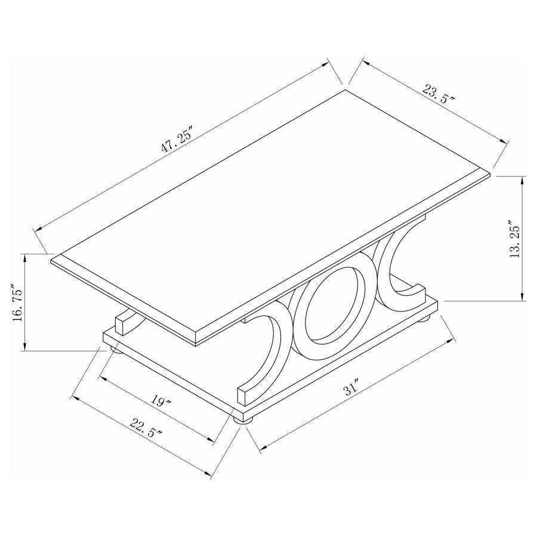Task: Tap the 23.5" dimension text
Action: click(439, 95)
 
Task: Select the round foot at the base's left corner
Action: click(115, 350)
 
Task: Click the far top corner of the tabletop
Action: click(345, 90)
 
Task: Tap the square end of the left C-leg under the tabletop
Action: click(122, 323)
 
